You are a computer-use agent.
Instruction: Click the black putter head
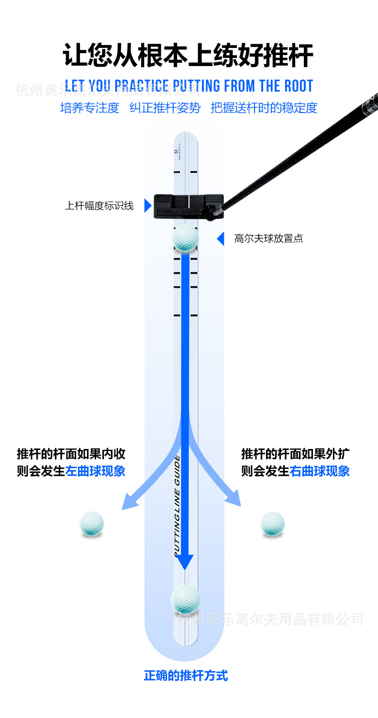189,206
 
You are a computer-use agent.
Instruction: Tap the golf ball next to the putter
185,239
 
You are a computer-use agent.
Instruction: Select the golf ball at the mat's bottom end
185,599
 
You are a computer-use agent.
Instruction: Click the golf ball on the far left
91,523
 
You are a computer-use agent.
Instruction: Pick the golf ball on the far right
273,523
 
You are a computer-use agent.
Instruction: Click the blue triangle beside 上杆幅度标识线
148,206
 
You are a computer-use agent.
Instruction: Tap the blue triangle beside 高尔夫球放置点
221,238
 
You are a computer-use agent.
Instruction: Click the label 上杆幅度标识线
99,206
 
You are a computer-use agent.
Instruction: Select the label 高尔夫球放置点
268,238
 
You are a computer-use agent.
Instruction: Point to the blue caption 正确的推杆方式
186,676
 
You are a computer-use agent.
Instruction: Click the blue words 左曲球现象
95,471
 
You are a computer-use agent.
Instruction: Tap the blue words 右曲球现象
320,471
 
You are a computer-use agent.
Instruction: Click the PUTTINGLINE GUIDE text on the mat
177,505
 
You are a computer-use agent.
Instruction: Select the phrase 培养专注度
89,108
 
